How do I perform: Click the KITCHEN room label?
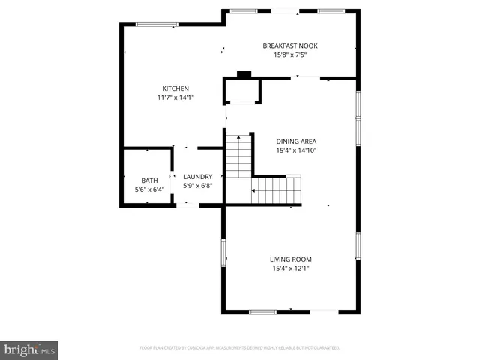(x=175, y=88)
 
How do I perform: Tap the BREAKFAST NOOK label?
(x=284, y=46)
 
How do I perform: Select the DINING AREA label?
(x=296, y=141)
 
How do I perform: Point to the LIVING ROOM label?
(x=291, y=259)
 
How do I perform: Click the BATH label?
(x=149, y=181)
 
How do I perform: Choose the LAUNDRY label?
(x=197, y=177)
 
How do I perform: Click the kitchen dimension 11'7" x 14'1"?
(x=175, y=97)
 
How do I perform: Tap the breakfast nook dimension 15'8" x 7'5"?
(x=284, y=55)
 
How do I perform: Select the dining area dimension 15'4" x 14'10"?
(x=296, y=150)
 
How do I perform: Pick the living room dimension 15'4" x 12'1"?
(x=291, y=268)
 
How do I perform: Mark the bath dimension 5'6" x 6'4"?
(x=149, y=190)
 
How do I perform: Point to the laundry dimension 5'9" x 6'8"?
(x=197, y=186)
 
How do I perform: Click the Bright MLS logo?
(x=29, y=349)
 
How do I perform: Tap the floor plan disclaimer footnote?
(x=240, y=348)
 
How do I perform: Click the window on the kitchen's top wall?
(x=157, y=24)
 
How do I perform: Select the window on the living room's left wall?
(x=223, y=253)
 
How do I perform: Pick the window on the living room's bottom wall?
(x=263, y=311)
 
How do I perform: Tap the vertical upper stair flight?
(x=237, y=156)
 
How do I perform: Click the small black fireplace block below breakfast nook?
(x=244, y=74)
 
